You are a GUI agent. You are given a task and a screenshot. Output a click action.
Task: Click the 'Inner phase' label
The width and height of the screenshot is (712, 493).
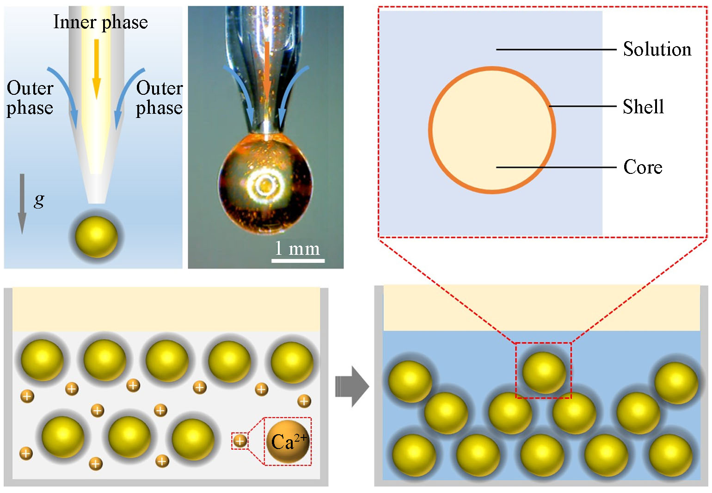100,22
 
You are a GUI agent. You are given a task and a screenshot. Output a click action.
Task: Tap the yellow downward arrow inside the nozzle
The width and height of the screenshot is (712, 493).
96,69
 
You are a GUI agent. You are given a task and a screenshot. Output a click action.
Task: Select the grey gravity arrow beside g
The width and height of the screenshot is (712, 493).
22,203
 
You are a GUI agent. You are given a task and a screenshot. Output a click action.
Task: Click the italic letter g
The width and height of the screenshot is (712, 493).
39,200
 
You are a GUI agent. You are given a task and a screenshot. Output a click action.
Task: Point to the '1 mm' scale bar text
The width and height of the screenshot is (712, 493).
297,249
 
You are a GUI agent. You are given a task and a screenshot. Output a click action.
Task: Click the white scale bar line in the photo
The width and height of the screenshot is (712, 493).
298,261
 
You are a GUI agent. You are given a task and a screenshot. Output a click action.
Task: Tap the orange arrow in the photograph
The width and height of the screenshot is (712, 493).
267,69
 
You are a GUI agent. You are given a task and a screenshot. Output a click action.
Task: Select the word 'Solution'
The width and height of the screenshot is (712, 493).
657,49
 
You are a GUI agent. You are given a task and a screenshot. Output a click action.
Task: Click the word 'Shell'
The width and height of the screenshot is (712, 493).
643,107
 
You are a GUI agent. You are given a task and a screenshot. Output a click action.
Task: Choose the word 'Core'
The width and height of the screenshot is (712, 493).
643,167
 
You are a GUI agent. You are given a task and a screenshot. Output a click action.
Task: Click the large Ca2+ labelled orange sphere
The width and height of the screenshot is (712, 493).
288,442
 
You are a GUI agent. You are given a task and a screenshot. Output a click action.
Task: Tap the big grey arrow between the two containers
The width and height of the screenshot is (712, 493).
352,386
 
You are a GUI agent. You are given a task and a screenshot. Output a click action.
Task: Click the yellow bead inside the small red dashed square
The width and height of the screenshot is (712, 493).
544,372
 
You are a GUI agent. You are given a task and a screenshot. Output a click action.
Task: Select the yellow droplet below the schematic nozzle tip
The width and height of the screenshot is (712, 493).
96,236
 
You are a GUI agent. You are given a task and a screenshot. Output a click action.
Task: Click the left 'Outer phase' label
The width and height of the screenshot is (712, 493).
30,98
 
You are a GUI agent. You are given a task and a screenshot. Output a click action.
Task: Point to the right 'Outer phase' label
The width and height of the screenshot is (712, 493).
159,98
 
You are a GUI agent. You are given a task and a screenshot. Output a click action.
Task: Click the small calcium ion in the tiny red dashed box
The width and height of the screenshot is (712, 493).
239,441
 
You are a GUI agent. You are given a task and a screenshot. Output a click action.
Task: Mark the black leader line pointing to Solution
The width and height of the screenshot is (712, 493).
555,49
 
